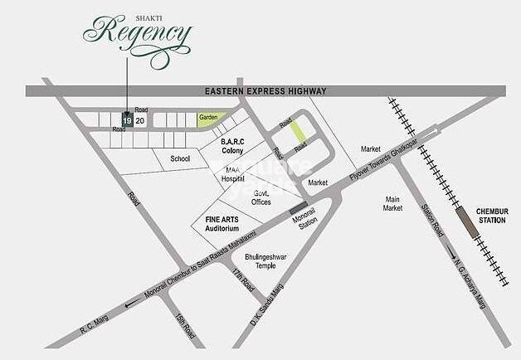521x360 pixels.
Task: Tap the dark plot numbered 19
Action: (x=127, y=120)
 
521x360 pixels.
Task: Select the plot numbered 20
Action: (x=140, y=120)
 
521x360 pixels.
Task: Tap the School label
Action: (x=180, y=158)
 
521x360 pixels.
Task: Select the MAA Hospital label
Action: (x=233, y=173)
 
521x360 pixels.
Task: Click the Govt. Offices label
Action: (x=262, y=197)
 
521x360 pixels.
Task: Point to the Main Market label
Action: (x=393, y=203)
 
